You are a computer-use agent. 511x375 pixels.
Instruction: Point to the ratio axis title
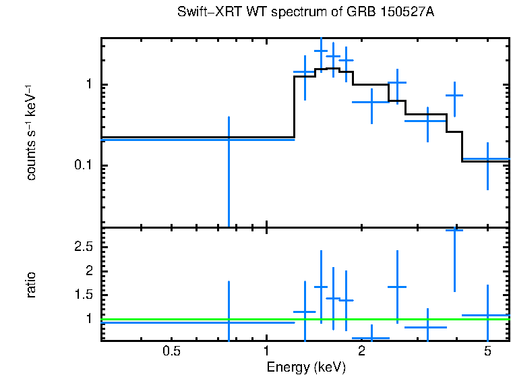[x=31, y=285]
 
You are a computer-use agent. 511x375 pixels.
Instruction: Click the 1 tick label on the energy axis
[x=266, y=351]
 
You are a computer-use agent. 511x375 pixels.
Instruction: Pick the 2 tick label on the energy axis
[x=361, y=351]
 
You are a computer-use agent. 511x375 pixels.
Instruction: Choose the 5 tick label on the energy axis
[x=487, y=351]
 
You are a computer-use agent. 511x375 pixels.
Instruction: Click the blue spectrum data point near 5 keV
[x=487, y=159]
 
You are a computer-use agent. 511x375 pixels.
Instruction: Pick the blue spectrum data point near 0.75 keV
[x=229, y=139]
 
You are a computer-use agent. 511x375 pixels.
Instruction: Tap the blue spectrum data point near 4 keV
[x=455, y=95]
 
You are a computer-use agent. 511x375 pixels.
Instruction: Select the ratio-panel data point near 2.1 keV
[x=371, y=337]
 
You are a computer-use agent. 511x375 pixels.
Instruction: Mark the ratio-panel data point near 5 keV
[x=487, y=315]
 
